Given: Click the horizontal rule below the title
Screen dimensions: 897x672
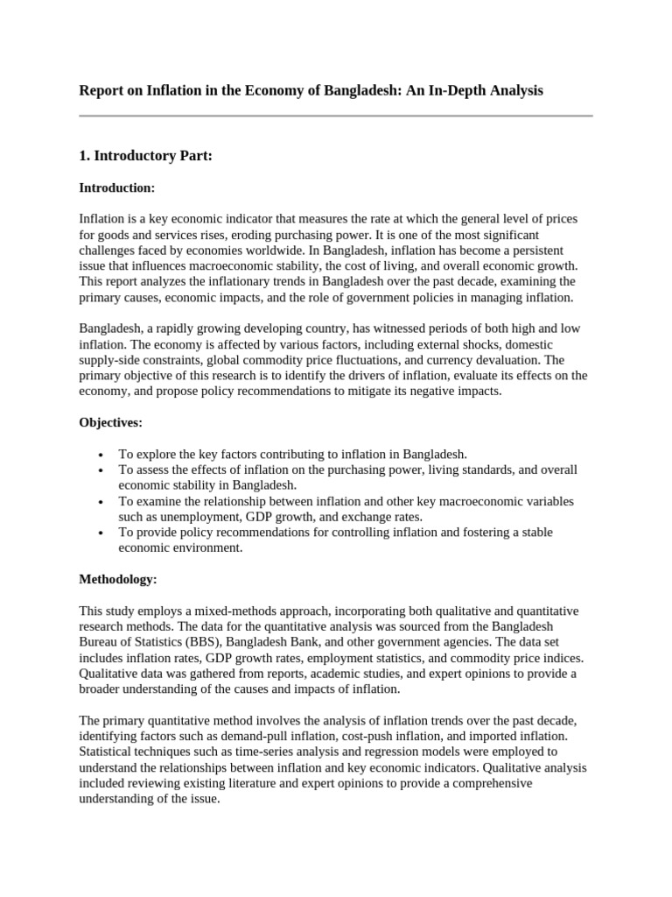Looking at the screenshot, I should [x=336, y=116].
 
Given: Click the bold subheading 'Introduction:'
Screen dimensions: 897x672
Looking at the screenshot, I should [x=116, y=187].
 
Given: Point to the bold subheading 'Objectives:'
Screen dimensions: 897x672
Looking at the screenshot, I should [x=110, y=422].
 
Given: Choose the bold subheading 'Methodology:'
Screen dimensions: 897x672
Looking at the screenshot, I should [x=118, y=579].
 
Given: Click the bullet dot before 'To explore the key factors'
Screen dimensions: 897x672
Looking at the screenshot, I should [x=102, y=455].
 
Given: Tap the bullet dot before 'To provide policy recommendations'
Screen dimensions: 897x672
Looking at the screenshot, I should [x=102, y=533].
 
